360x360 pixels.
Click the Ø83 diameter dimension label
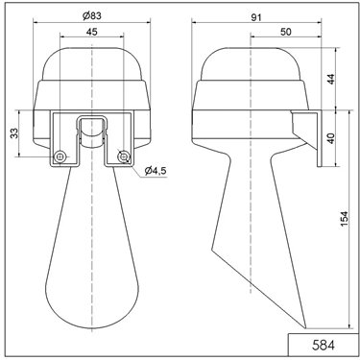click(91, 16)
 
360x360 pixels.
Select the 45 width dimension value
click(91, 32)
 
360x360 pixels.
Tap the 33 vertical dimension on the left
click(13, 133)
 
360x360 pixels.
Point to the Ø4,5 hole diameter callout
click(156, 171)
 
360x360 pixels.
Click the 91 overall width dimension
click(255, 17)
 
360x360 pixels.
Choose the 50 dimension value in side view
click(286, 32)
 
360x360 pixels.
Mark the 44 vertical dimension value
click(331, 79)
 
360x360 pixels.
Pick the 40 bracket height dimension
click(331, 138)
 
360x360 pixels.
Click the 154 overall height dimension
click(344, 219)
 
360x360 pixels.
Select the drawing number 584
click(324, 346)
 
